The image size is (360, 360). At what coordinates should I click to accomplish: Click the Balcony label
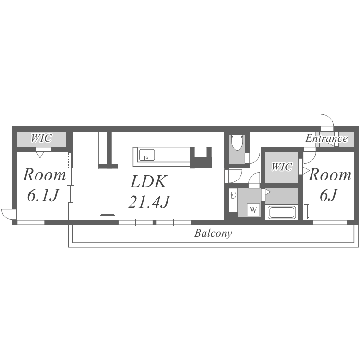click(213, 233)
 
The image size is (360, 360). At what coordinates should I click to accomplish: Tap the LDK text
click(148, 181)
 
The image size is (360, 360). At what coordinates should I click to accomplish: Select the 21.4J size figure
click(149, 202)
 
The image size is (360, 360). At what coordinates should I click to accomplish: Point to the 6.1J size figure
click(43, 195)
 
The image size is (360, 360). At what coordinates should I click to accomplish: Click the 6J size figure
click(329, 195)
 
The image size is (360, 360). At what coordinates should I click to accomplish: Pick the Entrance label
click(326, 138)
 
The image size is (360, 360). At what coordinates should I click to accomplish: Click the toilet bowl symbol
click(237, 143)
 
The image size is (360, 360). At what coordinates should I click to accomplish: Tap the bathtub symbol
click(282, 212)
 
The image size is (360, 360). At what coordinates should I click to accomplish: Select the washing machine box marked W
click(253, 210)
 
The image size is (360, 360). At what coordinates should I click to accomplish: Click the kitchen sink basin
click(147, 155)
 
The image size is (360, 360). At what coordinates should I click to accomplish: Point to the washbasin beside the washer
click(233, 195)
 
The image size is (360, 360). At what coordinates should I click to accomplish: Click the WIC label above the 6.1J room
click(41, 138)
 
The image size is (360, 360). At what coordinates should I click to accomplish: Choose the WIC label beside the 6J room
click(282, 167)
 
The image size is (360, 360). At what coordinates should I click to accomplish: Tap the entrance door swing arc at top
click(329, 117)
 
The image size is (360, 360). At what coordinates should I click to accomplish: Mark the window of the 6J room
click(330, 222)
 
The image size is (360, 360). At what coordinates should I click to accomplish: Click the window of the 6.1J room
click(31, 222)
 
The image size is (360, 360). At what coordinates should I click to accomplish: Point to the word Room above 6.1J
click(44, 175)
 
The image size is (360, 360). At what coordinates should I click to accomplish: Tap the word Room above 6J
click(330, 175)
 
